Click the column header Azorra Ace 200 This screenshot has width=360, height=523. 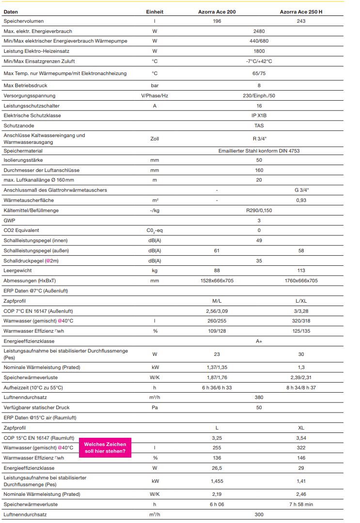217,11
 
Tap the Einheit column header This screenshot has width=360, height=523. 155,11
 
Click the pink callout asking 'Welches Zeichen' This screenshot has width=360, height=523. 105,448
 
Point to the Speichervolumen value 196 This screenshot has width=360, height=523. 217,21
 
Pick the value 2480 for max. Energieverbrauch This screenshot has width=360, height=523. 259,31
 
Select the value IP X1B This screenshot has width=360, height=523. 259,115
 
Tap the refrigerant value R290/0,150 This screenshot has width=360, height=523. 259,210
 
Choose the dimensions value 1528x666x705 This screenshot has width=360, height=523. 217,281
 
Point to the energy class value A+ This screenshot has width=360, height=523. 259,341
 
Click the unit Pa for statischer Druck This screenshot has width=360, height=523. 155,408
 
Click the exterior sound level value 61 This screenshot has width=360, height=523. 217,250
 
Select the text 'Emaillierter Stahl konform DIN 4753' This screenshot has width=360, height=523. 259,151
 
